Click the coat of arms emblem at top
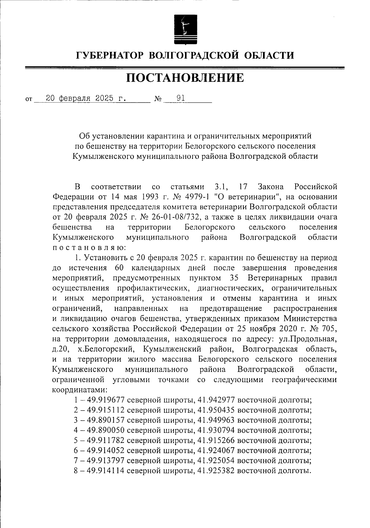(184, 29)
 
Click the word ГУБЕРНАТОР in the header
(110, 56)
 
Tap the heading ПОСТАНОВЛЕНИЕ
(185, 78)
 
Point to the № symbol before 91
(158, 99)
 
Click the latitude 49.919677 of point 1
(106, 400)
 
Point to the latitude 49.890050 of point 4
(106, 431)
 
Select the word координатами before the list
(79, 390)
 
